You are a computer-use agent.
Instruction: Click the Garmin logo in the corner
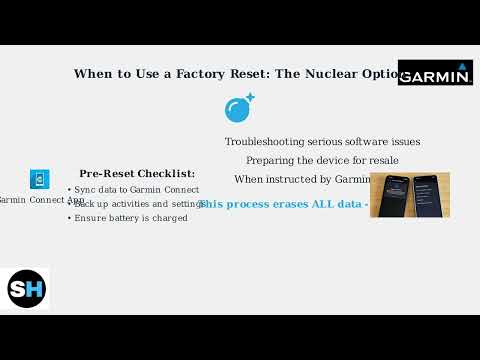pos(435,73)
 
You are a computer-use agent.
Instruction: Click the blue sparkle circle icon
pos(238,109)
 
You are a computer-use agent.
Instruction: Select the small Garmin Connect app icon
pos(40,180)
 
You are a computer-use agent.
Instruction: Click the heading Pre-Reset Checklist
pos(137,173)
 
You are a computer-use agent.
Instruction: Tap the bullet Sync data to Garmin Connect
pos(131,188)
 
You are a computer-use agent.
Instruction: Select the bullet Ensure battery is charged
pos(131,217)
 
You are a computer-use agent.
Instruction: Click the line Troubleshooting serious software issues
pos(322,142)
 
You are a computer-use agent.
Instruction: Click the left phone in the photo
pos(391,195)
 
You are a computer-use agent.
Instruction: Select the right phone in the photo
pos(427,195)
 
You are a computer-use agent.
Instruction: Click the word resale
pos(380,160)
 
